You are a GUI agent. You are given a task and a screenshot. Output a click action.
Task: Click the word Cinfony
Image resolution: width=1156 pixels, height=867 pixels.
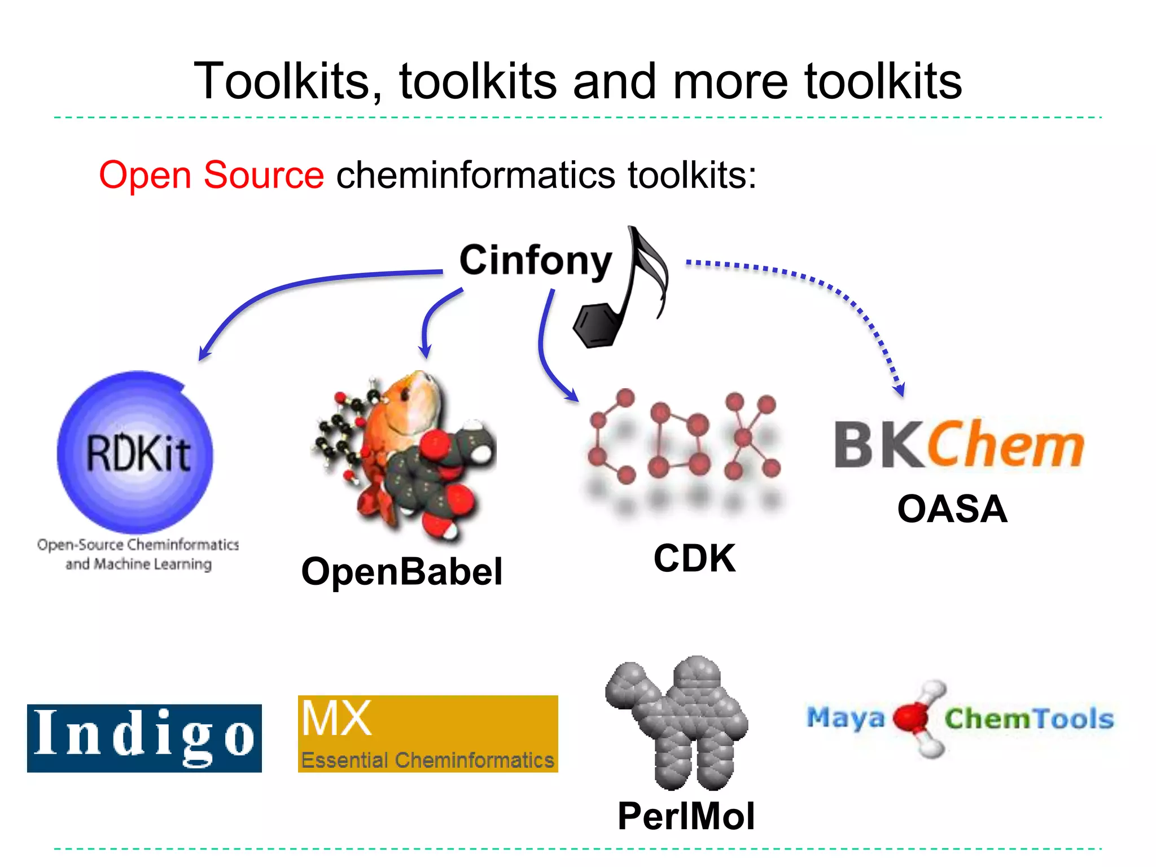click(535, 261)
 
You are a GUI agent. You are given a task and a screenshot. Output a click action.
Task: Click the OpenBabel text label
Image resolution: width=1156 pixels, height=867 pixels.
click(401, 571)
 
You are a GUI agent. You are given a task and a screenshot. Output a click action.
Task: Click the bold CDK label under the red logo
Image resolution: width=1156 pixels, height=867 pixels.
click(694, 558)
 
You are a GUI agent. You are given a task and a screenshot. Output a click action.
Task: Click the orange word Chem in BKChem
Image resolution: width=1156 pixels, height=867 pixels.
click(1005, 445)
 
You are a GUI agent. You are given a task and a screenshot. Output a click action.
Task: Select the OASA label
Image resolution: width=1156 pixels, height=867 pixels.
click(952, 509)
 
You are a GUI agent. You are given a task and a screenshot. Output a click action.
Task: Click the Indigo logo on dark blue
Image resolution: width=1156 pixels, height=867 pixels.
click(144, 738)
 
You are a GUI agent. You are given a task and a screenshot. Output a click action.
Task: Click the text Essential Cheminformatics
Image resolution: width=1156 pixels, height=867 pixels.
click(427, 760)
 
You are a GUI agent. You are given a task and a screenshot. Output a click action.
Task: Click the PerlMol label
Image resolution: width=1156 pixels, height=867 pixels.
click(685, 816)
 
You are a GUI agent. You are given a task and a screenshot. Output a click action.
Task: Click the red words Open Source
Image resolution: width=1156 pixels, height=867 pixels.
click(211, 175)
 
